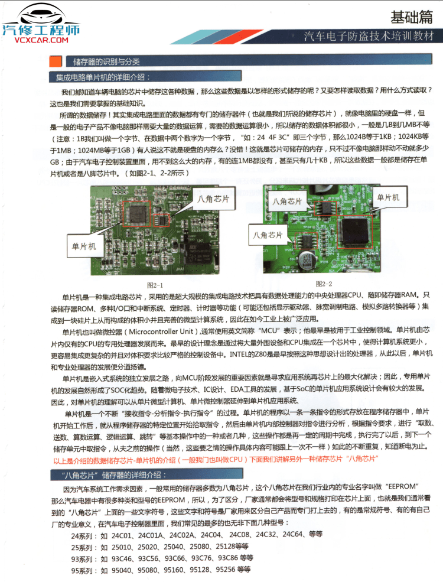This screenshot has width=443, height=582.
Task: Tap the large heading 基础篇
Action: [x=412, y=17]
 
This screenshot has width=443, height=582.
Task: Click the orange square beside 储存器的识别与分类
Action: [x=56, y=61]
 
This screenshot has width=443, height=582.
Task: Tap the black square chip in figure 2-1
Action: [x=137, y=215]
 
